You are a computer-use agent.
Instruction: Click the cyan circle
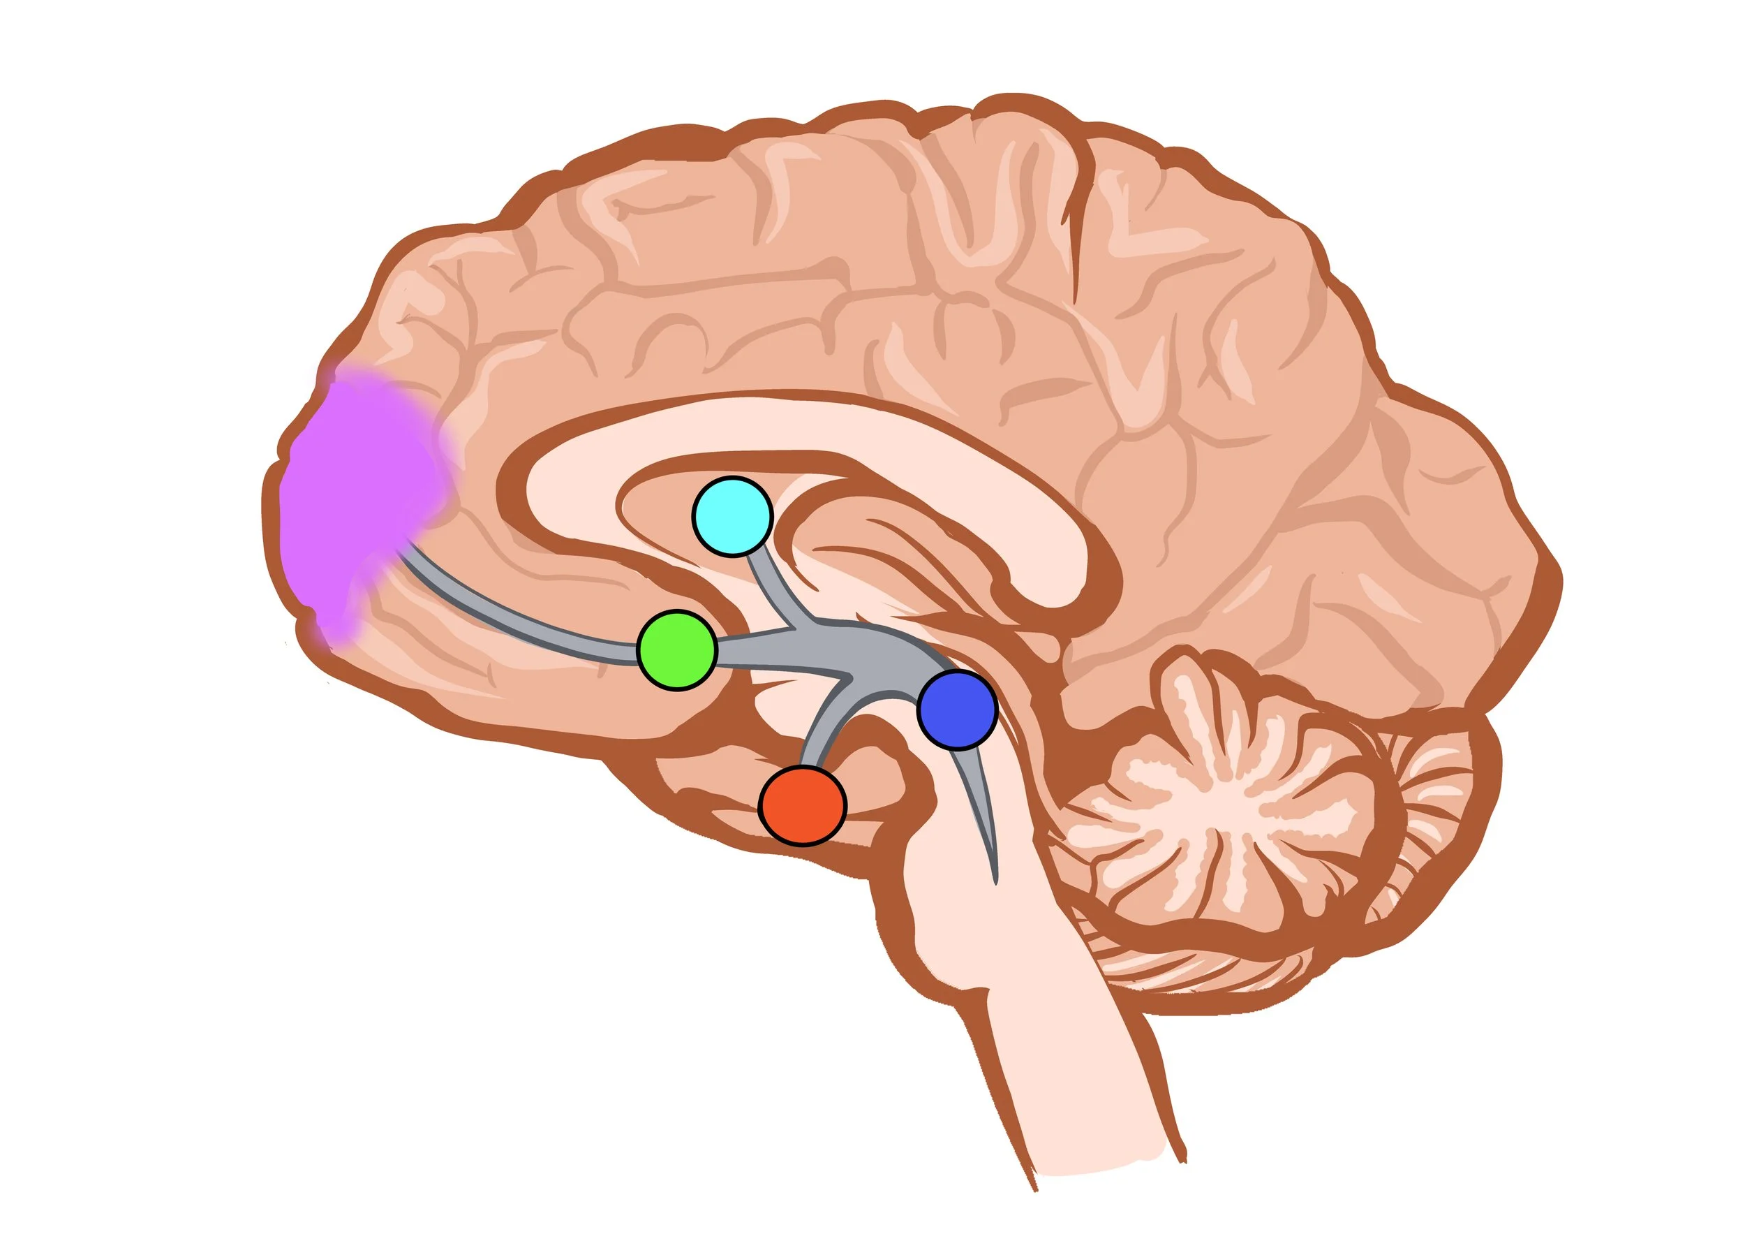pyautogui.click(x=732, y=516)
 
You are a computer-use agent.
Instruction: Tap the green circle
pyautogui.click(x=676, y=650)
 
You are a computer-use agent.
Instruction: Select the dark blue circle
pyautogui.click(x=957, y=710)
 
